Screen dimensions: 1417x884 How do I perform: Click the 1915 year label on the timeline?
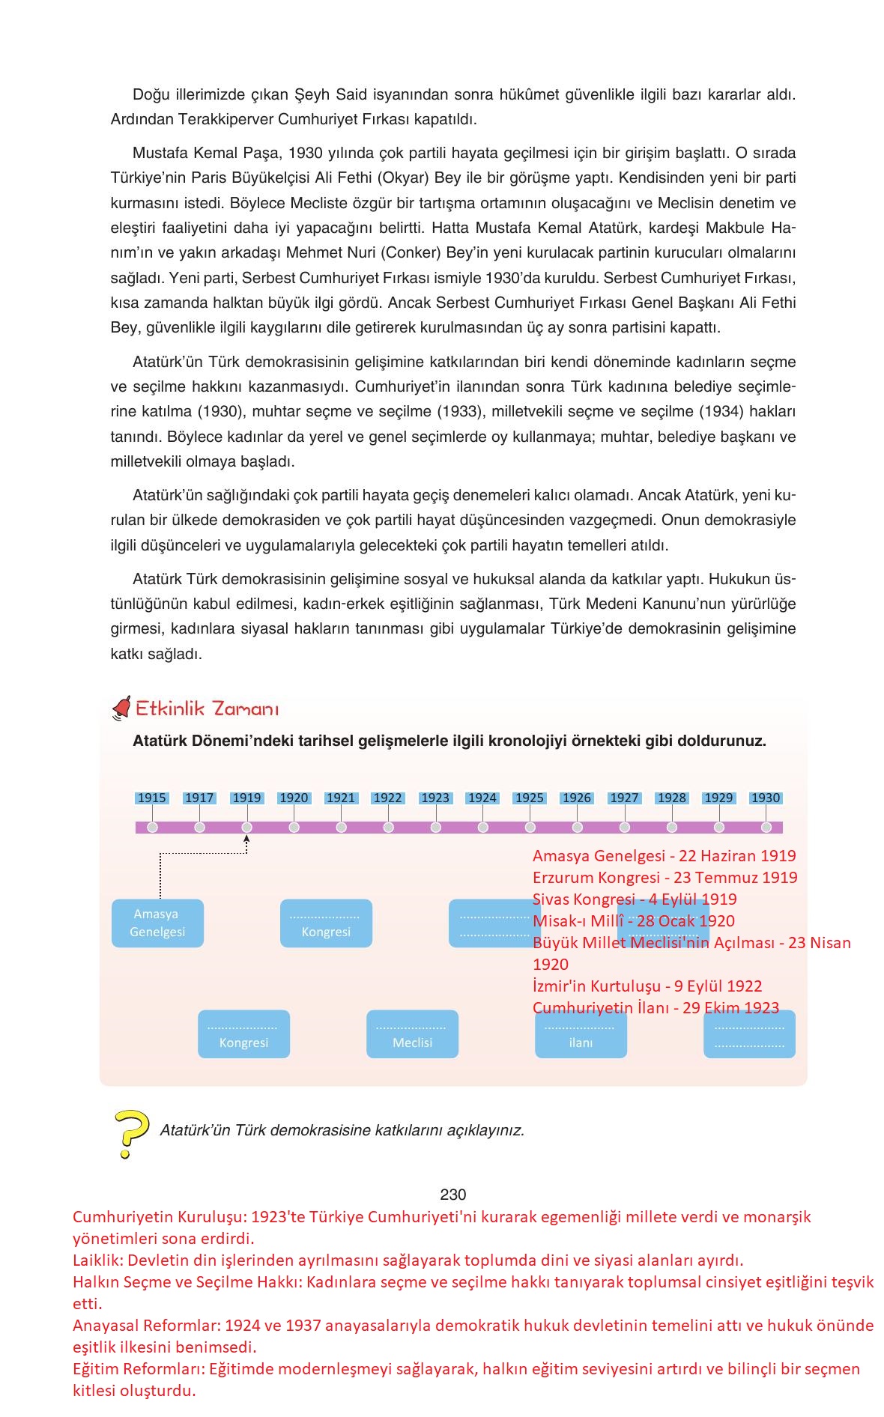152,798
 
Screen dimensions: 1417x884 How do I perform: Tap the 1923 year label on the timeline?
435,798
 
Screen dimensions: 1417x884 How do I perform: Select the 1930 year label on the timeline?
766,798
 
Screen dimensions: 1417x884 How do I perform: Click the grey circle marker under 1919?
247,827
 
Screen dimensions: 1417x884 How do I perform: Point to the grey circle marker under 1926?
578,827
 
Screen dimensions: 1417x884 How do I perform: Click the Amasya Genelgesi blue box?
157,923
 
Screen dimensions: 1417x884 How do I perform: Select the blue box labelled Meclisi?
412,1034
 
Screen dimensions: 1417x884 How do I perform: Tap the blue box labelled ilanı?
581,1034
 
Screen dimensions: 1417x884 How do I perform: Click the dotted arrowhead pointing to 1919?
246,840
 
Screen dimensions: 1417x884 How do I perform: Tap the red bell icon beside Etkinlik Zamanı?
121,708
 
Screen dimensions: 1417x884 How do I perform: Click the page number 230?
452,1195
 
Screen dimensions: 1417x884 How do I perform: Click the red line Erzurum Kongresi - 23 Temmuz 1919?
664,877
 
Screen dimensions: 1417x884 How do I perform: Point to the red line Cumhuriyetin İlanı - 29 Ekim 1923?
656,1008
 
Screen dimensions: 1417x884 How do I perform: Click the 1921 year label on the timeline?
341,798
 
